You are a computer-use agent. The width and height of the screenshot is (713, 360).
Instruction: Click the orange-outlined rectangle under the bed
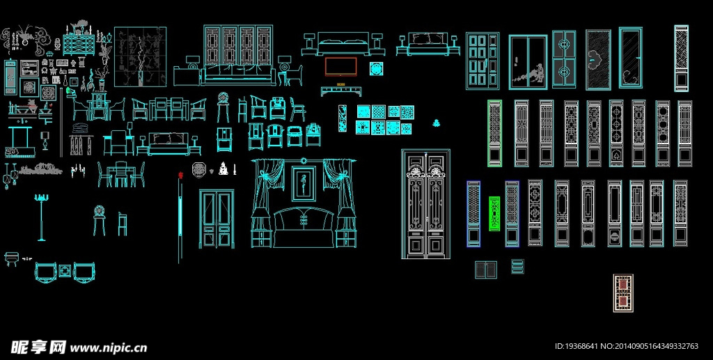point(341,66)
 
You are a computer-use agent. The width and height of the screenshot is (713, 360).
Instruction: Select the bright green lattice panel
point(495,213)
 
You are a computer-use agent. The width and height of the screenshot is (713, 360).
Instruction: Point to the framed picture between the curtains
point(303,185)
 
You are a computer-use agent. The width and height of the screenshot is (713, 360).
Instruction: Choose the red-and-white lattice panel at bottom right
point(622,292)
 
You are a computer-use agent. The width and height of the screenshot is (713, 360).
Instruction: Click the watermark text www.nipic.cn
point(109,347)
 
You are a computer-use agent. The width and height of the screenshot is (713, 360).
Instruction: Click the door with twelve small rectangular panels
point(482,61)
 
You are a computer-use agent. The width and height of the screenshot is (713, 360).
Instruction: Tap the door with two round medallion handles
point(564,58)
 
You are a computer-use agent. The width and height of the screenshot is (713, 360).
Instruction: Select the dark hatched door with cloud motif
point(598,60)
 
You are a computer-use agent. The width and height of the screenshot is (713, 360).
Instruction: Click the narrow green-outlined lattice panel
point(494,133)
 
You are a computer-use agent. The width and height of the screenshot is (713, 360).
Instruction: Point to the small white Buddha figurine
point(224,168)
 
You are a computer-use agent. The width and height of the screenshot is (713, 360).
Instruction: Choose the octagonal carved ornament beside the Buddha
point(198,169)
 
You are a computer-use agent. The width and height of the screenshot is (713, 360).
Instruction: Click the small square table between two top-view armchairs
point(65,269)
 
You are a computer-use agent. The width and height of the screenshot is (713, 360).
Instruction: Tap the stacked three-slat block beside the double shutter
point(517,266)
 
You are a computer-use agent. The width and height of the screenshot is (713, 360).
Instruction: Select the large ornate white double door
point(425,204)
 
